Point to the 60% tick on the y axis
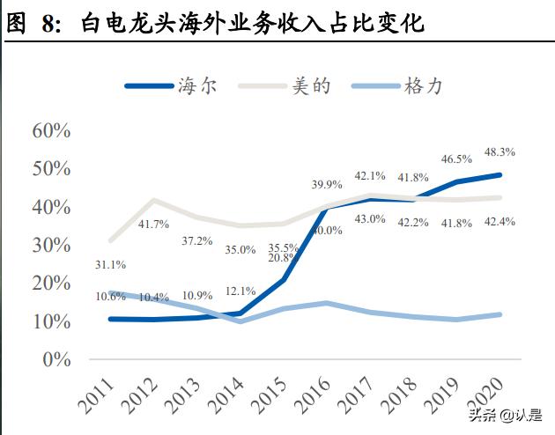tap(50, 131)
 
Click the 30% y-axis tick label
tap(50, 245)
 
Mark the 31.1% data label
tap(110, 263)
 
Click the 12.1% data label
tap(240, 291)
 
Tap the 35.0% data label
tap(240, 249)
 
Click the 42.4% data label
tap(499, 221)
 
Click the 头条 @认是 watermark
tap(506, 415)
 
